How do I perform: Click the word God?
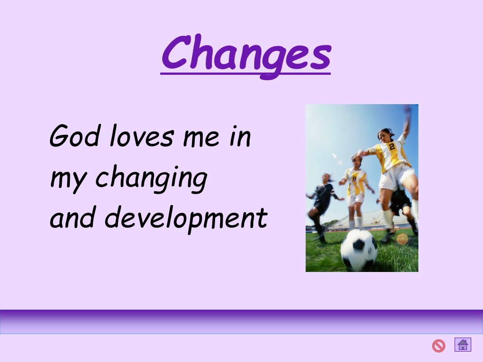[x=75, y=135]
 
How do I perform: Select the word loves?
[x=142, y=135]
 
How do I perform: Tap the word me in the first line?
[x=201, y=138]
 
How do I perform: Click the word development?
[x=186, y=219]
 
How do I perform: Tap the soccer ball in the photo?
[x=359, y=250]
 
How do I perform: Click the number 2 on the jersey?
[x=392, y=147]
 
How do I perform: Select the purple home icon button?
[x=463, y=345]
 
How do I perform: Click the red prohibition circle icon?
[x=439, y=346]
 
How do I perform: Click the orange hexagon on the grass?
[x=402, y=239]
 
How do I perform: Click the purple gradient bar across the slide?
[x=241, y=321]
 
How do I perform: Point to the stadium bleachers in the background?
[x=370, y=220]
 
